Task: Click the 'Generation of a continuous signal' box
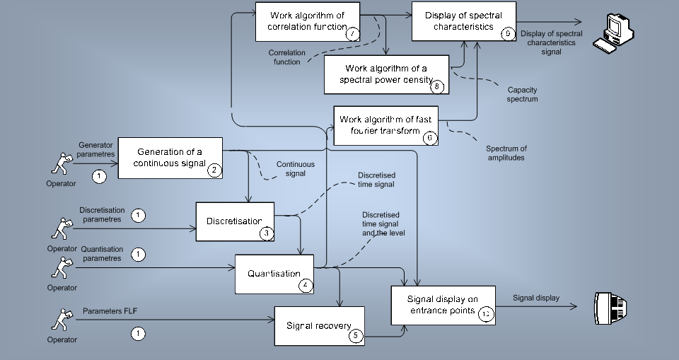(170, 157)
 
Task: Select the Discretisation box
(234, 221)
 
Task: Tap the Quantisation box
(274, 274)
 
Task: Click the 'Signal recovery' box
(319, 326)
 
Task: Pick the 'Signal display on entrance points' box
(443, 305)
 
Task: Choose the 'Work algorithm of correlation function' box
(307, 21)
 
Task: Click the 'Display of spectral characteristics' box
(464, 21)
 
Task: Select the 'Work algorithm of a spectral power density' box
(385, 74)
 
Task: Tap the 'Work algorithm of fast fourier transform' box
(385, 125)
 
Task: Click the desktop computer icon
(613, 33)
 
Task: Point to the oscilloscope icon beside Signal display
(611, 306)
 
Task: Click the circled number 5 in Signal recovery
(355, 336)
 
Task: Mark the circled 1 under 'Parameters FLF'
(139, 332)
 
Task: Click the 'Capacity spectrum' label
(523, 95)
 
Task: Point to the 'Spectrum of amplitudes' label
(506, 153)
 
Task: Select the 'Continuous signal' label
(295, 168)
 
